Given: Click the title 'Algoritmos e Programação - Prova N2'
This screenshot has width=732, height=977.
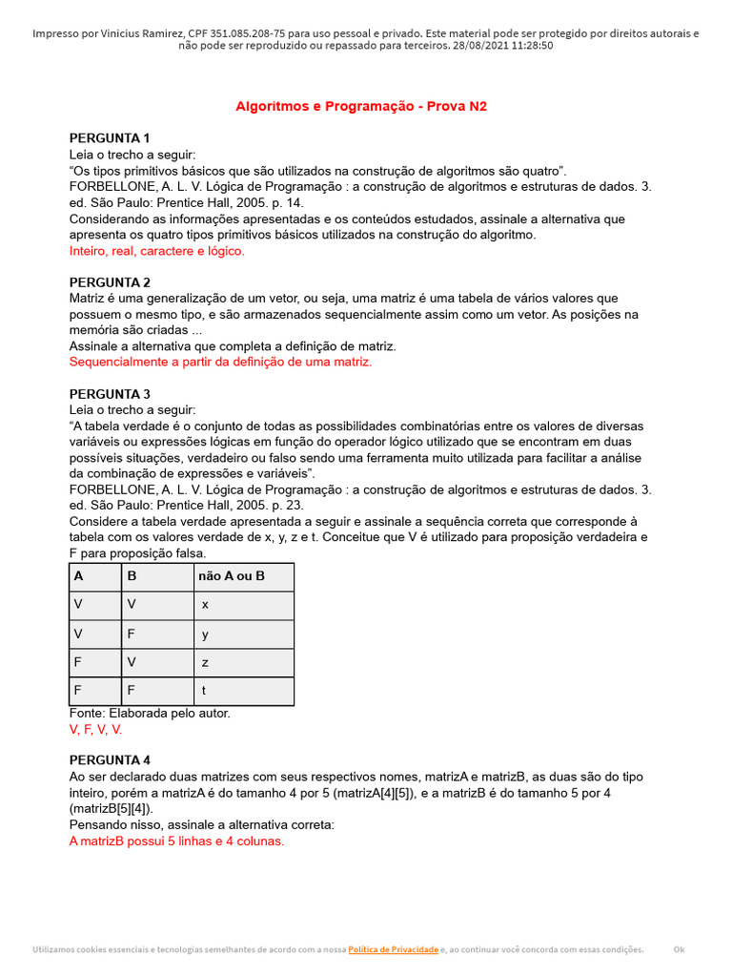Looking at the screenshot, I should tap(361, 106).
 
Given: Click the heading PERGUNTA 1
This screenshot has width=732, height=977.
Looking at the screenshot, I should tap(110, 137).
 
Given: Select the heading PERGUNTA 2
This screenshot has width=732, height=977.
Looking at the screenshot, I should tap(110, 282).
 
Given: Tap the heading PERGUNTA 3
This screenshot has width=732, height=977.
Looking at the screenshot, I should tap(110, 394).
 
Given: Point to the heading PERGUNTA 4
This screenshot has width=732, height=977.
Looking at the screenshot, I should tap(110, 760).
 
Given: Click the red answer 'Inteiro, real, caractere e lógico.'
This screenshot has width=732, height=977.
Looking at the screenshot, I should tap(157, 251).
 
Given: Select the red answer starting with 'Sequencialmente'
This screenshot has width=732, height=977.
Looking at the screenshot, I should tap(220, 362).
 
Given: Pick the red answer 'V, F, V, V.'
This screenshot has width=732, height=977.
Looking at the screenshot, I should tap(96, 729).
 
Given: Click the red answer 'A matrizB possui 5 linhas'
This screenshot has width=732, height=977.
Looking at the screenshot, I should tap(176, 842).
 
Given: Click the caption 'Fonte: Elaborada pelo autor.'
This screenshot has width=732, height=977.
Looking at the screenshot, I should tap(150, 713).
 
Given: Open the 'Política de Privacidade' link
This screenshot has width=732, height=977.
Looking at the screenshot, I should tap(393, 949).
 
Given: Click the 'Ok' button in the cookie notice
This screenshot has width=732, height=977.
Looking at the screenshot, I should tap(679, 949).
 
